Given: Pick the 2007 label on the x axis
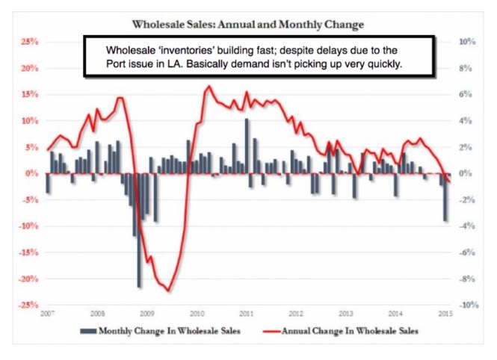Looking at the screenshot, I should pos(47,314).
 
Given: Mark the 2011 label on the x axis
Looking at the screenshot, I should pos(247,314).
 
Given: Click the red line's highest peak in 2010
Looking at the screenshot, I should pos(208,87).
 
